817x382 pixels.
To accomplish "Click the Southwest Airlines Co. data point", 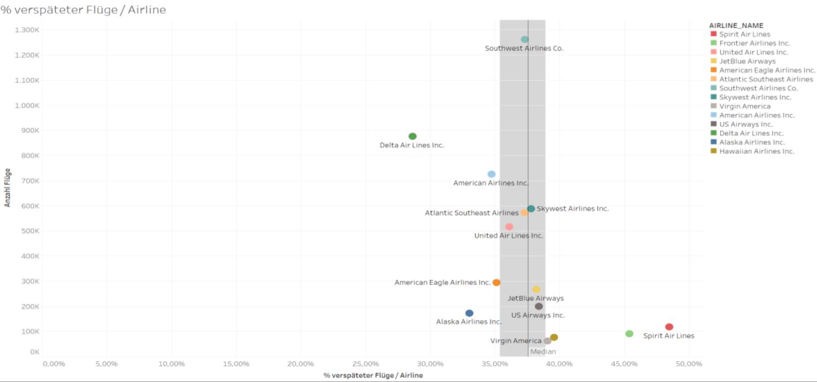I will [525, 39].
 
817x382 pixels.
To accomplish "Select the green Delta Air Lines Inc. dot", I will [413, 136].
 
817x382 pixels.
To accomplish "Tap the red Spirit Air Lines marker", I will [669, 327].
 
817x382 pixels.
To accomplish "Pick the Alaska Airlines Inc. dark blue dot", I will [469, 313].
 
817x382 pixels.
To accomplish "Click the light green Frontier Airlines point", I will [629, 334].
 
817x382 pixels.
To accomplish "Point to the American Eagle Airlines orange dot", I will [496, 282].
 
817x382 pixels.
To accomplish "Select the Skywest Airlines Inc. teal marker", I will [531, 209].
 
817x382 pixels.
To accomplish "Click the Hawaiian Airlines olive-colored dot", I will [554, 337].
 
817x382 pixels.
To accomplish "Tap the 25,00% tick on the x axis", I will [365, 364].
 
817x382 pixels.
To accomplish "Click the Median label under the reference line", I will [543, 352].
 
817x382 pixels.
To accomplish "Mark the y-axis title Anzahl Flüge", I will [8, 188].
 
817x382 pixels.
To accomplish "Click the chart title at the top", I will [83, 10].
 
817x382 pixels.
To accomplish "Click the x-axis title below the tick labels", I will [373, 375].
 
